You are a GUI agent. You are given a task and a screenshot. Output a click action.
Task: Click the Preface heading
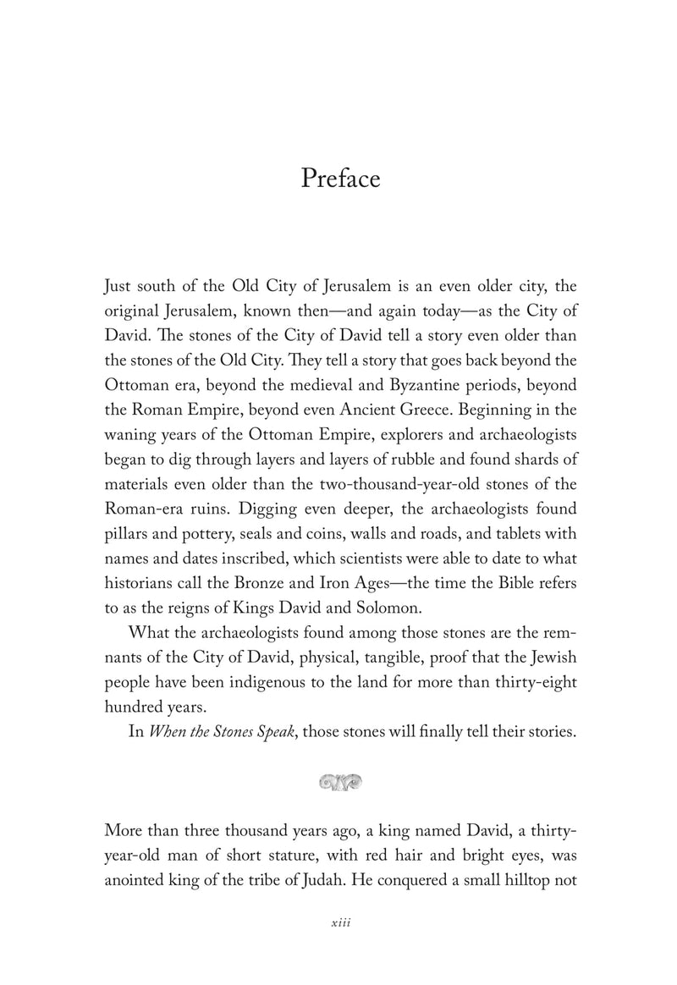[x=340, y=180]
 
